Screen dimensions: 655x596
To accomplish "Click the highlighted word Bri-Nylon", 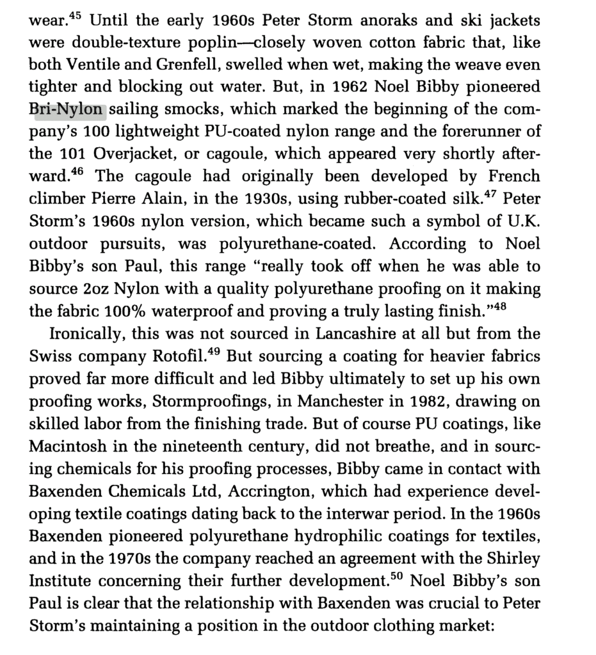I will pyautogui.click(x=67, y=109).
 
